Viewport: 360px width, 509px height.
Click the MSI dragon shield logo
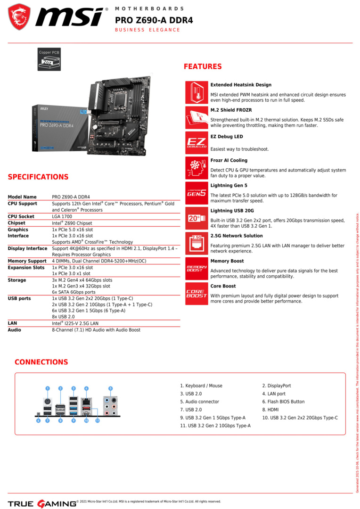19,17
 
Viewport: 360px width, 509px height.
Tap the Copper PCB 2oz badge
49,59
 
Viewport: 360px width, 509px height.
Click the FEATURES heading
203,66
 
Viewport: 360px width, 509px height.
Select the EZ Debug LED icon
196,142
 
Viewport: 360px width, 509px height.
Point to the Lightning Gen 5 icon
196,193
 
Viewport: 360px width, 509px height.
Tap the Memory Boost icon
196,268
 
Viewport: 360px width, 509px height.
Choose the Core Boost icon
196,294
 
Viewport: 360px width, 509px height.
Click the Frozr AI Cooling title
229,160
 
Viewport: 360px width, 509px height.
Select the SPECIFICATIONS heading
38,177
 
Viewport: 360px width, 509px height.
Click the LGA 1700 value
62,216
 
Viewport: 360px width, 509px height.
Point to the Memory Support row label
27,261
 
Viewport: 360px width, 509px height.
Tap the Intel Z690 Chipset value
72,223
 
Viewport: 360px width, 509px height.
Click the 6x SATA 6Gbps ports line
74,292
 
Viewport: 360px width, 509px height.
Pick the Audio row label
15,330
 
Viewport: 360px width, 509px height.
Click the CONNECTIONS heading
41,362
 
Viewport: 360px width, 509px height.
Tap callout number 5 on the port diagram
111,388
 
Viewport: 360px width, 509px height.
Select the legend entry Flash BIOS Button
283,402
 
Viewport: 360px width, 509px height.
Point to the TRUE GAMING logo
42,503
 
